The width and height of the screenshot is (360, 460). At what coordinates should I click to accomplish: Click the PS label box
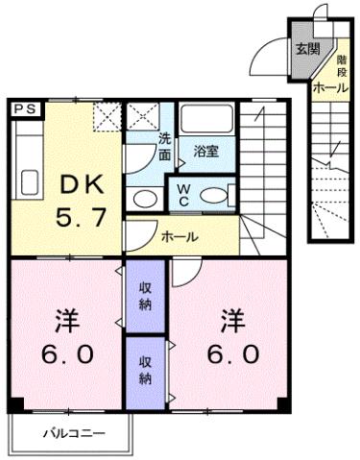click(26, 109)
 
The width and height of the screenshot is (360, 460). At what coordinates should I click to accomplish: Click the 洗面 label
click(165, 145)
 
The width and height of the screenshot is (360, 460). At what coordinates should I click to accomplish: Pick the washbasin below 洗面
click(144, 199)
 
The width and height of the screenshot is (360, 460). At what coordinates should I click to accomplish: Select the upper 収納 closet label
click(145, 296)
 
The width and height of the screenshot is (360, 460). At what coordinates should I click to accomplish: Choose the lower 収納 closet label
click(145, 370)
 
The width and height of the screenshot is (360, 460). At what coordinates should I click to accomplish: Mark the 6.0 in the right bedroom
click(230, 354)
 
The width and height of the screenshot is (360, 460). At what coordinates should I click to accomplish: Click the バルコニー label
click(73, 432)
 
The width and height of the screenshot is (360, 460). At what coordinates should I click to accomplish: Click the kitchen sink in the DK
click(27, 182)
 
